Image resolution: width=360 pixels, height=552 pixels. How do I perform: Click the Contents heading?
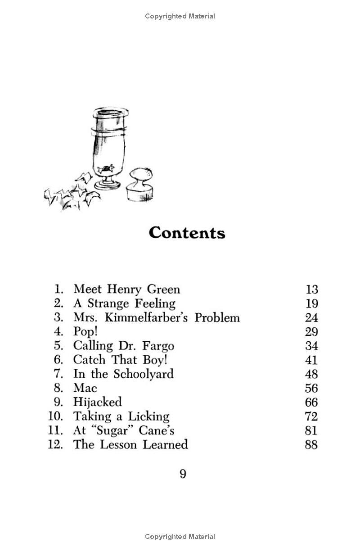(x=187, y=233)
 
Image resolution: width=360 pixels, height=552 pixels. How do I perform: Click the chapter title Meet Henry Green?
(x=126, y=289)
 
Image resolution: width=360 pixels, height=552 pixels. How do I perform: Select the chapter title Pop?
(x=85, y=332)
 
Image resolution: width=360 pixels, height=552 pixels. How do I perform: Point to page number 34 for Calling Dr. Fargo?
(x=311, y=346)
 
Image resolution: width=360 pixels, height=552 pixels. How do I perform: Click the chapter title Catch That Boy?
(x=114, y=360)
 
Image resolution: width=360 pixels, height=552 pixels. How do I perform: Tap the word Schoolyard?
(x=143, y=374)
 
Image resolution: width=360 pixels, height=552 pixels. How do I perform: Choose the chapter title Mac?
(x=85, y=388)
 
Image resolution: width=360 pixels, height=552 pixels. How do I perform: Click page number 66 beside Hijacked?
(x=311, y=402)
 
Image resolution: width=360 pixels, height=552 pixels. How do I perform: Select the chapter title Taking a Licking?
(x=121, y=416)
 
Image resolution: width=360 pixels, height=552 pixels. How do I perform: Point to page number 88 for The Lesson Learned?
(x=311, y=445)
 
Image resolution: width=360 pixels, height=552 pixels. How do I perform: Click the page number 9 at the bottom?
(x=183, y=474)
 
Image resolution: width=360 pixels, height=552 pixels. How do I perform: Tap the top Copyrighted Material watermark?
(x=180, y=16)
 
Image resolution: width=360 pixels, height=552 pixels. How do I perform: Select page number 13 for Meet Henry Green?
(x=311, y=289)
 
